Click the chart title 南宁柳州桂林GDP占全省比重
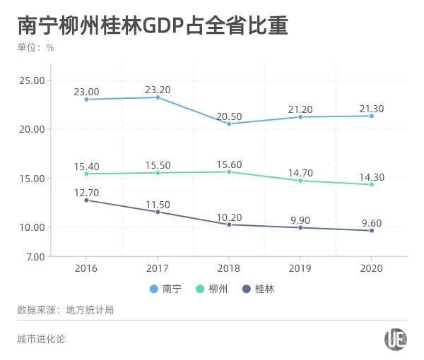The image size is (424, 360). tap(152, 26)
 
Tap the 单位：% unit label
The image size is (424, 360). tap(35, 48)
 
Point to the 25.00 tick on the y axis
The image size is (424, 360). tap(32, 80)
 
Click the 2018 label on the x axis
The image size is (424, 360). tap(229, 269)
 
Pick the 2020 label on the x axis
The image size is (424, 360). tap(371, 269)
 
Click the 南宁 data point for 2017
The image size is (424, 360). tap(158, 97)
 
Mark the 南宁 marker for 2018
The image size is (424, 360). tap(229, 124)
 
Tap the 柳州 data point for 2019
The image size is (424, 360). tap(300, 181)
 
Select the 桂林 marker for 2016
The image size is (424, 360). tap(86, 200)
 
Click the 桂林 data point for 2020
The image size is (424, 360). tap(372, 231)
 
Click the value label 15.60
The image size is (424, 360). tap(228, 164)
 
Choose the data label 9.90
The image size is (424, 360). tap(300, 220)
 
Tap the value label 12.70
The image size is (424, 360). tap(86, 193)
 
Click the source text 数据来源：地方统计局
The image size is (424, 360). tap(66, 310)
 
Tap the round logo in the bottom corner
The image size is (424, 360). tap(396, 340)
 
